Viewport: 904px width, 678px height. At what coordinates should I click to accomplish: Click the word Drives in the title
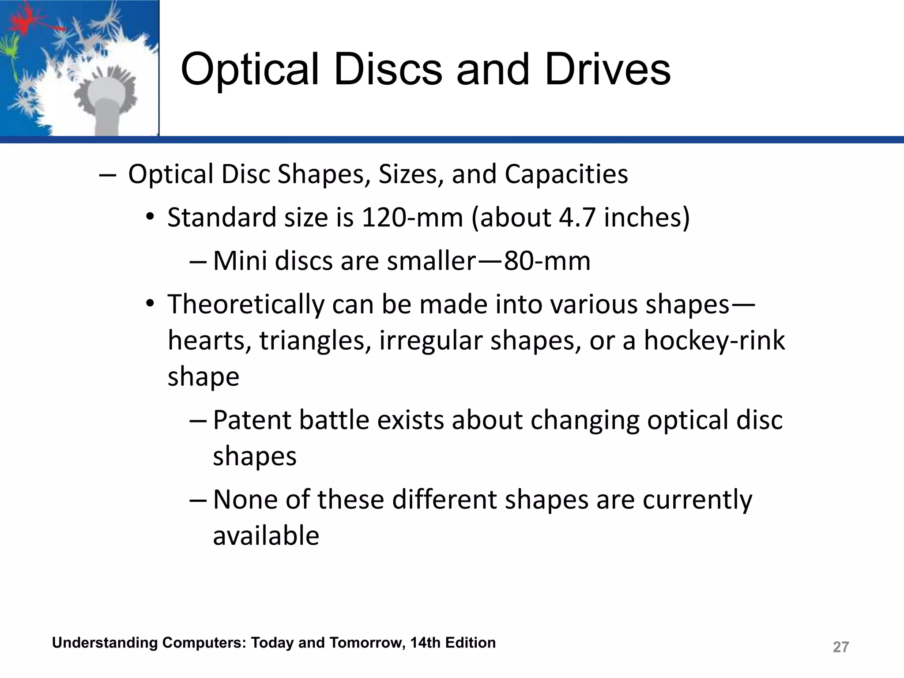pos(608,70)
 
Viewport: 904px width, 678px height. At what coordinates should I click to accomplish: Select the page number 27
pos(840,647)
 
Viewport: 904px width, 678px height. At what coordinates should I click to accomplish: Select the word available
pos(266,536)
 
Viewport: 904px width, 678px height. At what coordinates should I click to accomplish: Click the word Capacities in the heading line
pos(566,174)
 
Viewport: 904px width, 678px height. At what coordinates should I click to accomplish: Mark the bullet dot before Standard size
pos(150,218)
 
